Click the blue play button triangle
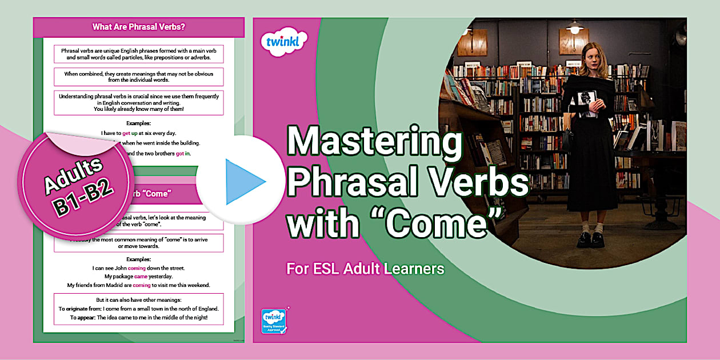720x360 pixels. point(244,182)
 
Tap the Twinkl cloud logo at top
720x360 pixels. point(284,41)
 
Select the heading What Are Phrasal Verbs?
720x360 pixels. point(139,26)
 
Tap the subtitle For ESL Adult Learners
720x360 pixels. point(365,269)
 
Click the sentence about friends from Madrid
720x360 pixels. point(138,285)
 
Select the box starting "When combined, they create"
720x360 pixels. point(139,77)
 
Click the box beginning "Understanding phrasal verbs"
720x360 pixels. point(139,103)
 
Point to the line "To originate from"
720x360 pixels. point(139,309)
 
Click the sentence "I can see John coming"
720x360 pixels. point(138,267)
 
